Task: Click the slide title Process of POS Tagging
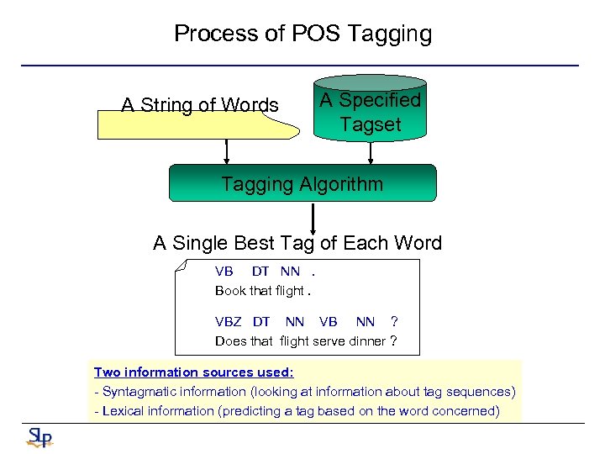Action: [x=302, y=34]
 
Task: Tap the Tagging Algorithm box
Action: [x=302, y=183]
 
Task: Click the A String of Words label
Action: [x=200, y=105]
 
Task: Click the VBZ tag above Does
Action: [x=228, y=321]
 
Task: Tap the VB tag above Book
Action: [x=224, y=272]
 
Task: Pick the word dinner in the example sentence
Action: [x=364, y=340]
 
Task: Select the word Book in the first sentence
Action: [x=230, y=291]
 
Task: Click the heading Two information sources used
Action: [x=193, y=372]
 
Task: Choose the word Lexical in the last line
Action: [x=124, y=410]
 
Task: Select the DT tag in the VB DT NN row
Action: [x=260, y=272]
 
